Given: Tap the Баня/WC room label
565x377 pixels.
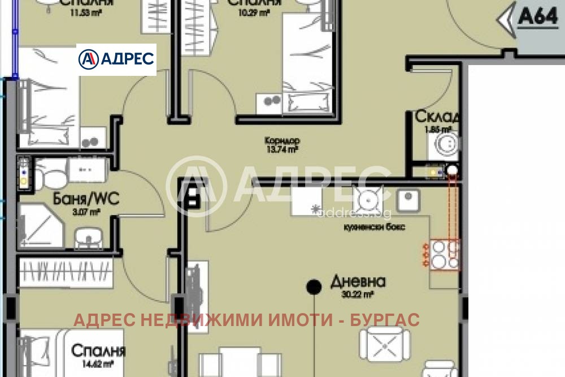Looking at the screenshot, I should pos(86,199).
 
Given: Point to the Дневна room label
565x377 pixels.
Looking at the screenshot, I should pos(358,282).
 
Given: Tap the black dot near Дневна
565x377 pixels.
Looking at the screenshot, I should pos(312,287).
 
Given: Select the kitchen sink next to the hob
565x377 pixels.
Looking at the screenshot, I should pos(407,200).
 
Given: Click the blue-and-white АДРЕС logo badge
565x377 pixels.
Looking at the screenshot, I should pos(116,59).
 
